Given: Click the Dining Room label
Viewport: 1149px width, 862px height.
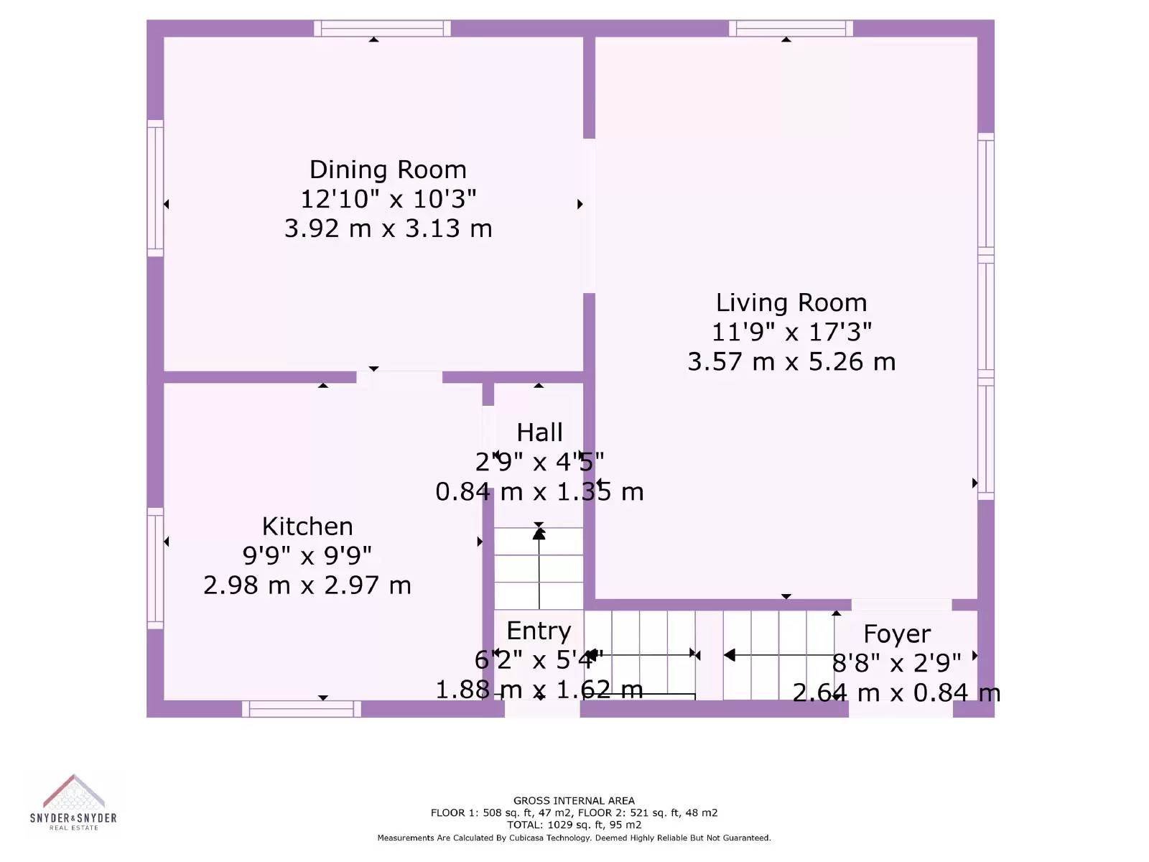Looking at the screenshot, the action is [388, 170].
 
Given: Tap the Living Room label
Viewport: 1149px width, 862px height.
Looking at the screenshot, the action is [791, 303].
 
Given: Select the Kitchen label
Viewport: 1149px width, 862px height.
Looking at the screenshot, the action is [307, 527].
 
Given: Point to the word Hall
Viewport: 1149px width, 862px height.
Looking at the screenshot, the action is [540, 433].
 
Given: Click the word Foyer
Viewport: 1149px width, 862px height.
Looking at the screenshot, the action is [897, 634].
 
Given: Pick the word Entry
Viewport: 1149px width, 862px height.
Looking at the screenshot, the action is [539, 631].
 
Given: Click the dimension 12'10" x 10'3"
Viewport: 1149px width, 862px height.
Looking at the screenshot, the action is [389, 200].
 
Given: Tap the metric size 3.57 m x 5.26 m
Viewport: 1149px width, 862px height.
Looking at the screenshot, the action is [791, 362].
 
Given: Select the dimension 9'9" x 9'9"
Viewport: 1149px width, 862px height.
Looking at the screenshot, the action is [307, 556].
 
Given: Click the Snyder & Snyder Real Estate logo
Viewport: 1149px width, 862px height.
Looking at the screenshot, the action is [73, 802].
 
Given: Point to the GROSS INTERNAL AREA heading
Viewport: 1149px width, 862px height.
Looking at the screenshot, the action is [574, 801].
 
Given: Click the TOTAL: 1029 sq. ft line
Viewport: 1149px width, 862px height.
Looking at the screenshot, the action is [574, 825].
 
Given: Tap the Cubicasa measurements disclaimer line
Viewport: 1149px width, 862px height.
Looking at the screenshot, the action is [574, 838].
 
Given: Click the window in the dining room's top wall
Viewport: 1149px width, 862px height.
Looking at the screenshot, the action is [382, 28].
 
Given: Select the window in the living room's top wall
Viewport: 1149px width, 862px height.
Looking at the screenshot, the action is [791, 28].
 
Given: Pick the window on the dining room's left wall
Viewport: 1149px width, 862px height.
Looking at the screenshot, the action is [155, 188].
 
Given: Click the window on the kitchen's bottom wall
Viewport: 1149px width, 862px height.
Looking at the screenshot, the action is [302, 709].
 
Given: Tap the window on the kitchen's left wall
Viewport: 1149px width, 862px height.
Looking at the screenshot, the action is [155, 568].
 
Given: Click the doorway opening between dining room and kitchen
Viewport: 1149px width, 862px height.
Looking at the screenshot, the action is [399, 377].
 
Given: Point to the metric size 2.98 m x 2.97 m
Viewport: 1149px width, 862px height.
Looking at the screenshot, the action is [307, 585].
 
